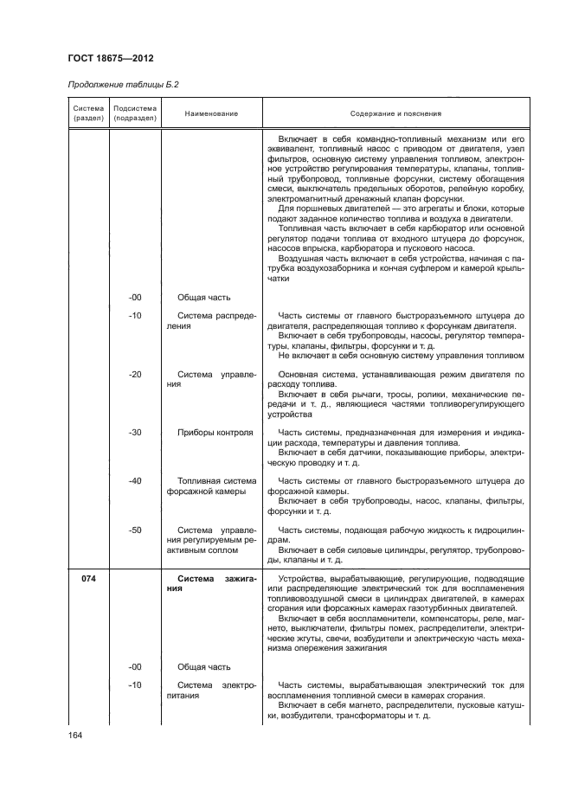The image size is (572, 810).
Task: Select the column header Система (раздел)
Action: click(87, 112)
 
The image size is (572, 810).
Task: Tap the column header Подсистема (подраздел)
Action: click(134, 112)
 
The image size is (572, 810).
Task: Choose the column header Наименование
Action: click(210, 113)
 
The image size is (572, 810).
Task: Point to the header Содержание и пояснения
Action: click(395, 113)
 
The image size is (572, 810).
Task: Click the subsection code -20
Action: click(135, 374)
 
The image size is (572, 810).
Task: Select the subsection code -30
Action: click(135, 432)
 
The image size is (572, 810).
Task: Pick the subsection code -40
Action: click(135, 480)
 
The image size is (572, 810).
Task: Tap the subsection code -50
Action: click(135, 529)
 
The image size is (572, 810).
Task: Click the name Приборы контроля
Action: click(215, 432)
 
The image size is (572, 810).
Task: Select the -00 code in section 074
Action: click(135, 666)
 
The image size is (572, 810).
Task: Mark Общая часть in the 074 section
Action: click(204, 666)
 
